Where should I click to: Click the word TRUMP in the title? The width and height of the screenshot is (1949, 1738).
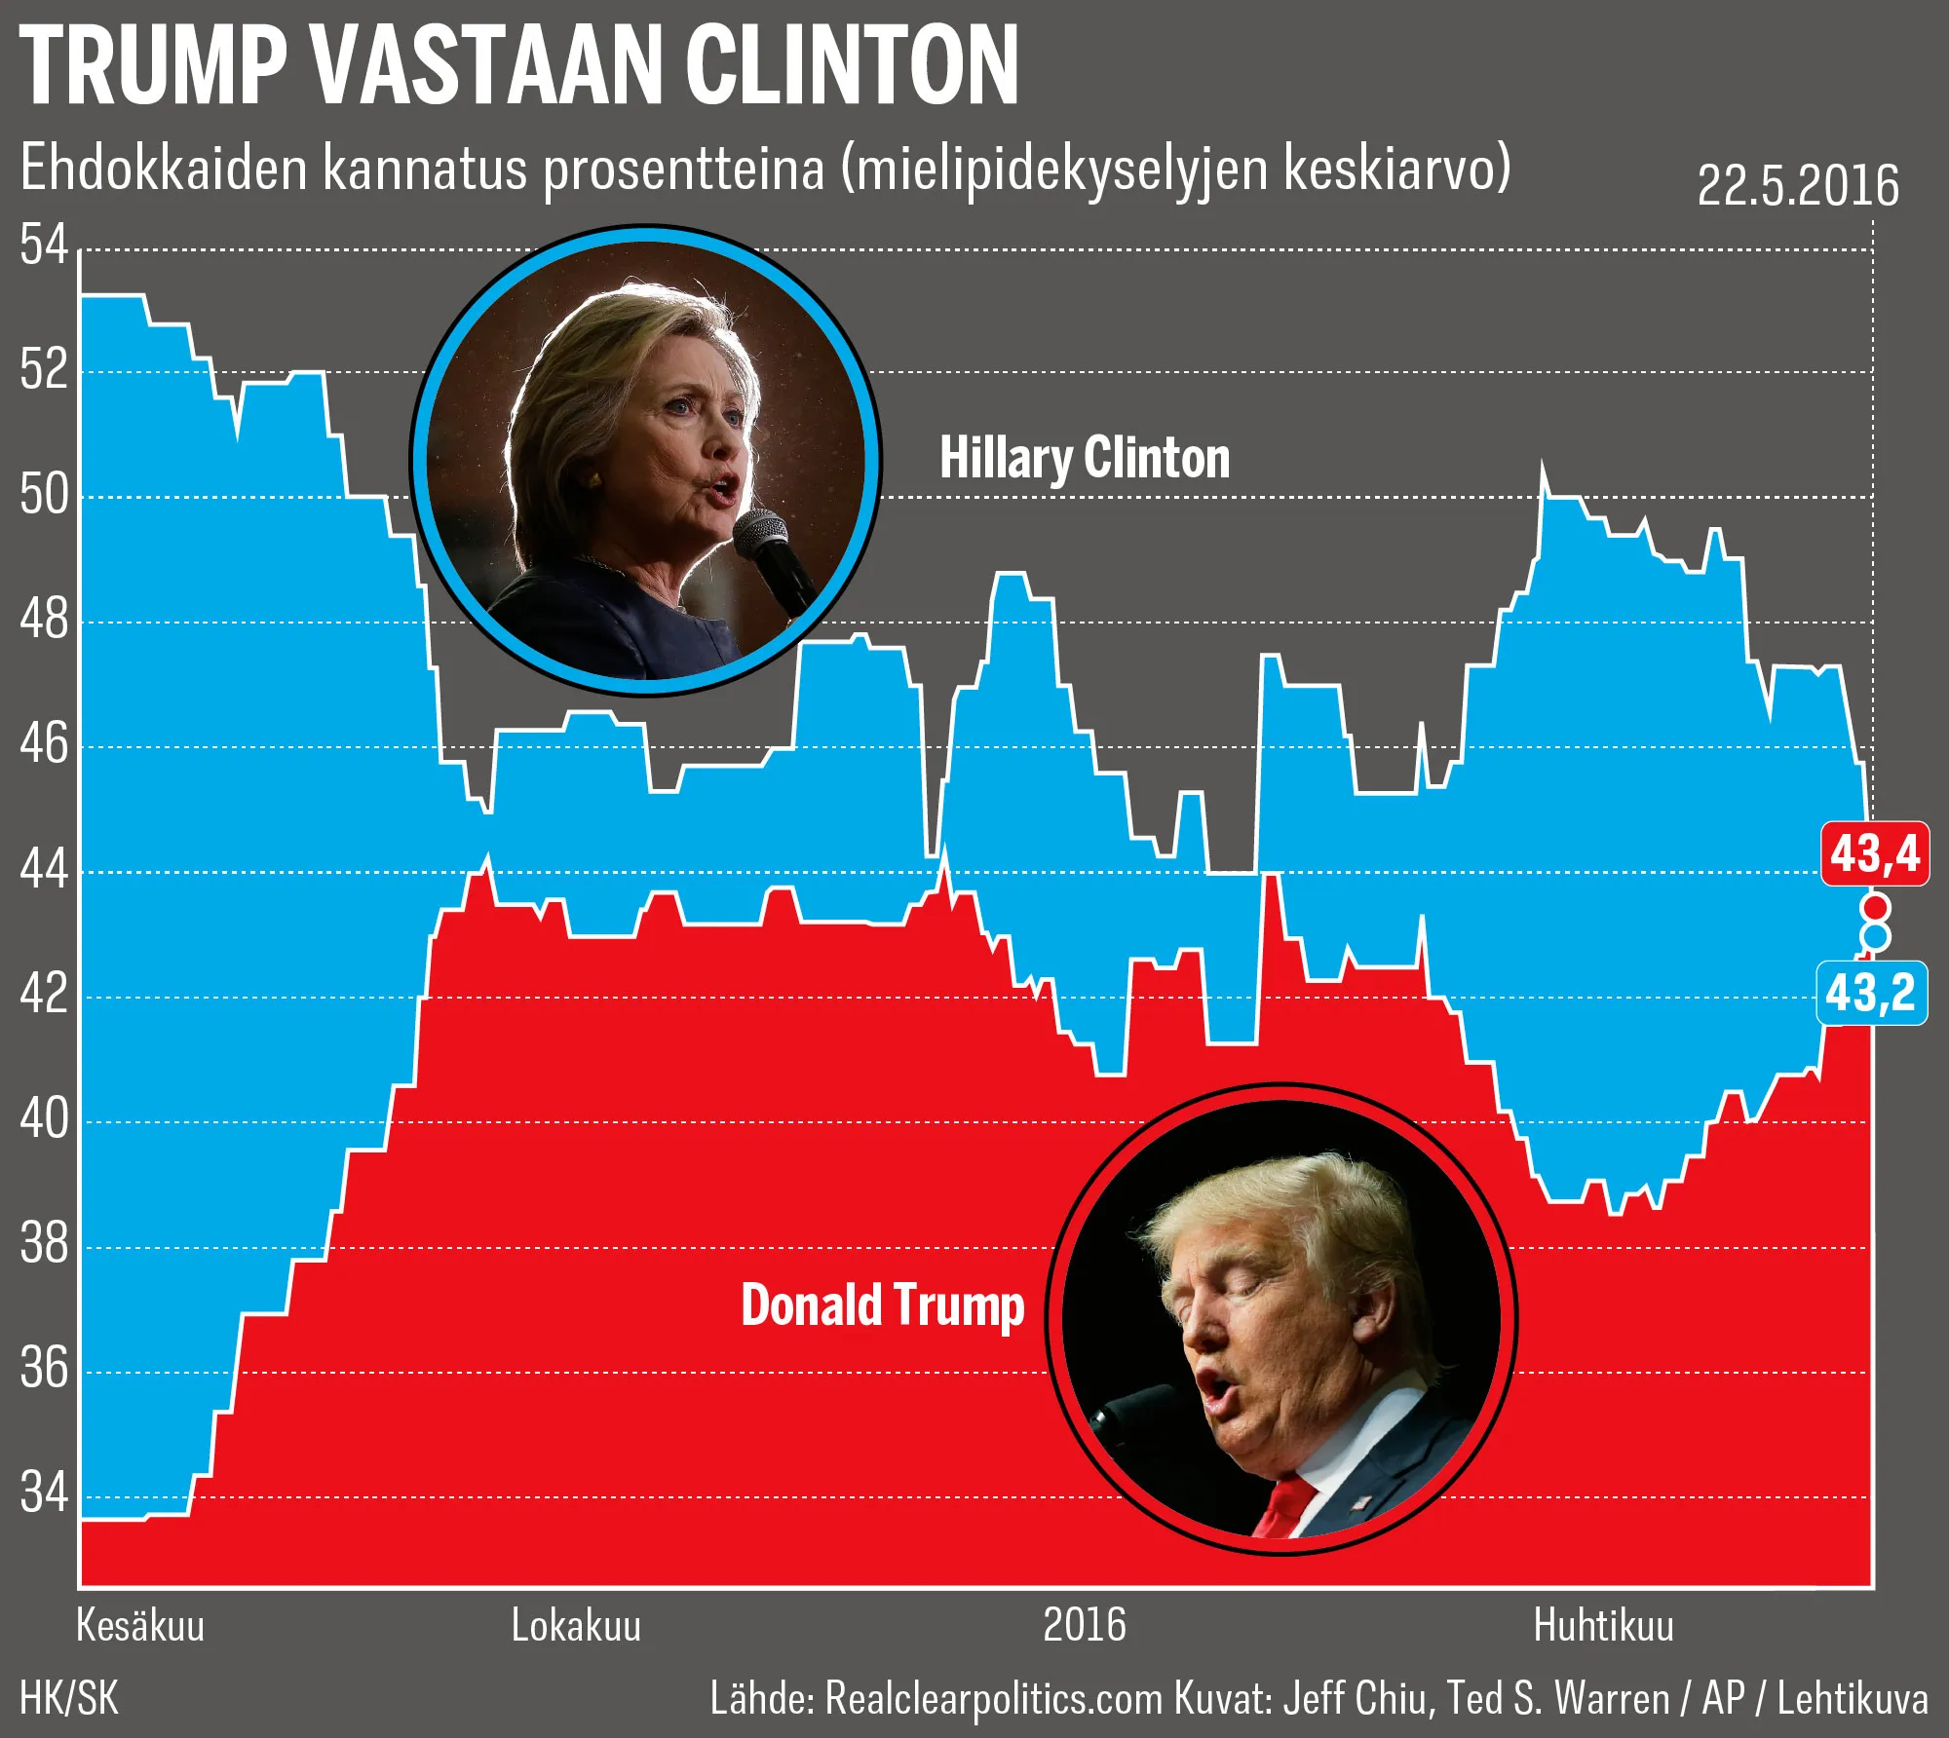[153, 65]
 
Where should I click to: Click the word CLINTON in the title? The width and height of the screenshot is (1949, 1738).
[852, 65]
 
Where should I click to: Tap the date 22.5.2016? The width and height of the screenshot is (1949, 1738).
[1798, 185]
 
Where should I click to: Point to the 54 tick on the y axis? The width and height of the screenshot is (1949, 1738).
[44, 245]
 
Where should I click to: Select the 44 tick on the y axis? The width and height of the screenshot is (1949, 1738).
[44, 870]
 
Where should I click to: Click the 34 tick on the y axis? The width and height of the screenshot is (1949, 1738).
[44, 1492]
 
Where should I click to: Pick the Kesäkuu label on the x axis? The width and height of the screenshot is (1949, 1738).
[140, 1626]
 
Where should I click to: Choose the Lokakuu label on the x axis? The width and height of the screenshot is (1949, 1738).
[576, 1626]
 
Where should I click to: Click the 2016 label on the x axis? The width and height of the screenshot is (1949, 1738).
[1084, 1626]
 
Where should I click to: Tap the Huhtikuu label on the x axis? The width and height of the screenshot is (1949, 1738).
[1603, 1626]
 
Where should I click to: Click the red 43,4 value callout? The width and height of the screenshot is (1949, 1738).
[1874, 854]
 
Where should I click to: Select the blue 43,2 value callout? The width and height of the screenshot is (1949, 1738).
[1871, 994]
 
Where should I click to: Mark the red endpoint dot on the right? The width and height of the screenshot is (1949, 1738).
[1875, 908]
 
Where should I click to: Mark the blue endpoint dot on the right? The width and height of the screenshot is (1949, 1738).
[1875, 937]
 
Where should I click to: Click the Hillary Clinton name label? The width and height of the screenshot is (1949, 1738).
[1084, 458]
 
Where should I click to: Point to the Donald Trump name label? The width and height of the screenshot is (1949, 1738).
[882, 1305]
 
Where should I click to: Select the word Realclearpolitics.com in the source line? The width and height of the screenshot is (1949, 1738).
[994, 1699]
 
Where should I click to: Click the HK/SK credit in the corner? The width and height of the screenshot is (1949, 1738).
[69, 1699]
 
